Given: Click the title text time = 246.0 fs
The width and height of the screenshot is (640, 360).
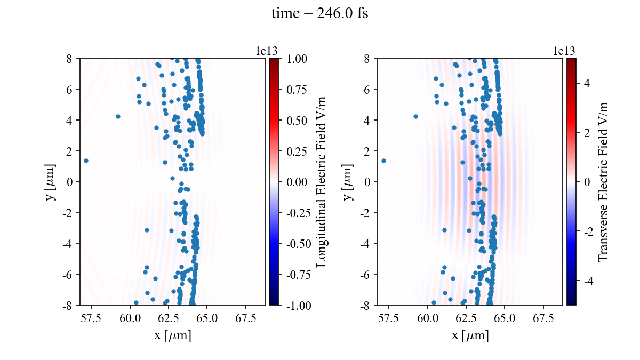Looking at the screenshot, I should pyautogui.click(x=319, y=13).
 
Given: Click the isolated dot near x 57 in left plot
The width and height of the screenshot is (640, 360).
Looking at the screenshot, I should pyautogui.click(x=86, y=161).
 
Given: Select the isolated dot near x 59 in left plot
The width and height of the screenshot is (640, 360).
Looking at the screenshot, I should pyautogui.click(x=118, y=116).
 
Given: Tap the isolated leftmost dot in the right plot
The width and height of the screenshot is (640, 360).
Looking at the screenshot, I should pyautogui.click(x=383, y=161).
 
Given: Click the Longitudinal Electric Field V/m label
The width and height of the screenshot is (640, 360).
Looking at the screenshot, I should pyautogui.click(x=322, y=181).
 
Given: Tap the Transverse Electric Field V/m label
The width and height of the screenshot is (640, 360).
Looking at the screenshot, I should pyautogui.click(x=603, y=181).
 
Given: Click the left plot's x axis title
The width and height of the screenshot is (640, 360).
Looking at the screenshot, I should pyautogui.click(x=172, y=336).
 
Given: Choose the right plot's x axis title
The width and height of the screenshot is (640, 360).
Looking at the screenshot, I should pyautogui.click(x=470, y=336).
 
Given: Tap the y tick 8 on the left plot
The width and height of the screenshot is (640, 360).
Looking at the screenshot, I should pyautogui.click(x=69, y=58).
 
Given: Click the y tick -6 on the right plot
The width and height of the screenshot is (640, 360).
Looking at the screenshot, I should pyautogui.click(x=365, y=274).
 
